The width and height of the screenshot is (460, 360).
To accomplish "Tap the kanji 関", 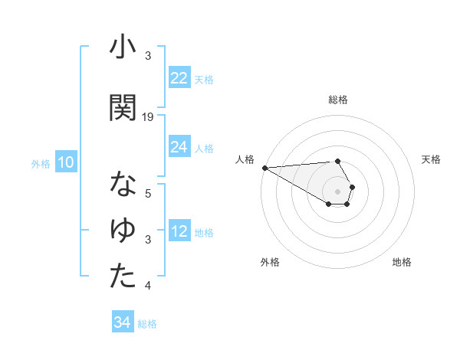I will click(x=123, y=108).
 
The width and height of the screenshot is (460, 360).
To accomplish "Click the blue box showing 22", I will click(x=179, y=78).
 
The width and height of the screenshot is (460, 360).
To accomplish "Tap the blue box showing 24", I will click(x=179, y=147).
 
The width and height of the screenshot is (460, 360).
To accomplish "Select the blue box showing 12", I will click(x=179, y=232).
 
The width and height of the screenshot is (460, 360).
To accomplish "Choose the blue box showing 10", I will click(x=66, y=162).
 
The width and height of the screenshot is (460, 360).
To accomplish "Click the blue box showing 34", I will click(x=122, y=322).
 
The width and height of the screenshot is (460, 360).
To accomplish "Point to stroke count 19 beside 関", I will click(x=148, y=116).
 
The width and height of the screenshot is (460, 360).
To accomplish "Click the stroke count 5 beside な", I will click(x=148, y=194).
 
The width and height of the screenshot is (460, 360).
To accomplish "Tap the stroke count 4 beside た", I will click(x=148, y=286).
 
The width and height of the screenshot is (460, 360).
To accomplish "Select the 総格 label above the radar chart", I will click(x=337, y=100).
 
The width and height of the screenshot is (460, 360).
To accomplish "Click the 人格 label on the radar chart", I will click(x=245, y=159).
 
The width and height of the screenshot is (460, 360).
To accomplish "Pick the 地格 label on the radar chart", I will click(x=402, y=262).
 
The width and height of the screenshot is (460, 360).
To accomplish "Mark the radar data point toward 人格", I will click(x=264, y=167).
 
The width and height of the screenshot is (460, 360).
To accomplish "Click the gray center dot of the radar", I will click(x=337, y=191).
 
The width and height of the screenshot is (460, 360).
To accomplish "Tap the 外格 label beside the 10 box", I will click(x=40, y=163).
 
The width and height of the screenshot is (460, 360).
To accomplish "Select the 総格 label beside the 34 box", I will click(x=147, y=324).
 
